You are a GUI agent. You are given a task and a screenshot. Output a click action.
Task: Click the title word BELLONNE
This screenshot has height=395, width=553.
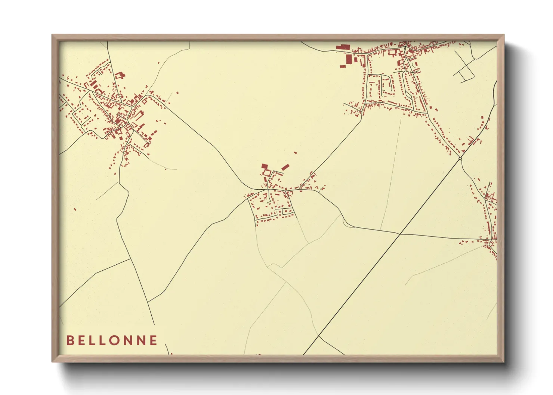(112, 340)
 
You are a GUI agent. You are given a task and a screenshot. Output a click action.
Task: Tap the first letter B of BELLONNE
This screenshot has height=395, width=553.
(70, 340)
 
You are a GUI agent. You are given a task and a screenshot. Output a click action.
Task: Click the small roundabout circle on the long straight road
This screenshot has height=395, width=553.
(460, 159)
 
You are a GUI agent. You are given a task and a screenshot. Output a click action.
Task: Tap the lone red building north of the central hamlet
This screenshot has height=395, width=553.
(295, 152)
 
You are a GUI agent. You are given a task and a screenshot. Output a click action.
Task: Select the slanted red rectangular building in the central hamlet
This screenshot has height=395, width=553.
(285, 167)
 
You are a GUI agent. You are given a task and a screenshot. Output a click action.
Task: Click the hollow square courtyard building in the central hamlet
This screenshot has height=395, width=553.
(266, 172)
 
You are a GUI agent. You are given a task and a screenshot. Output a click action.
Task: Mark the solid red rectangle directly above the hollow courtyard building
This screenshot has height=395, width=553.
(264, 166)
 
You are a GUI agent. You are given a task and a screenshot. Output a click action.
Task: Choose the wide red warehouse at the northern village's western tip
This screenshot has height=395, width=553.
(342, 47)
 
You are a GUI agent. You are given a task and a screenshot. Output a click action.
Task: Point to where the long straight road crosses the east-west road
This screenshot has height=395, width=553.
(400, 234)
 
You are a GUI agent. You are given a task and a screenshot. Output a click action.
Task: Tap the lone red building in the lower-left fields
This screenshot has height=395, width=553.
(75, 209)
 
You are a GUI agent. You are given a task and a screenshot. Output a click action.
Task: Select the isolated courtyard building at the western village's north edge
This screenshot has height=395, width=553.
(120, 75)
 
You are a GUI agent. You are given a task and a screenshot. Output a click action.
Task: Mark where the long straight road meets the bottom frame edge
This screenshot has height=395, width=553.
(304, 354)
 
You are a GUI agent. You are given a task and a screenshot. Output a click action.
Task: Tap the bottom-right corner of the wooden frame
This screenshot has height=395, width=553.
(504, 362)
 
